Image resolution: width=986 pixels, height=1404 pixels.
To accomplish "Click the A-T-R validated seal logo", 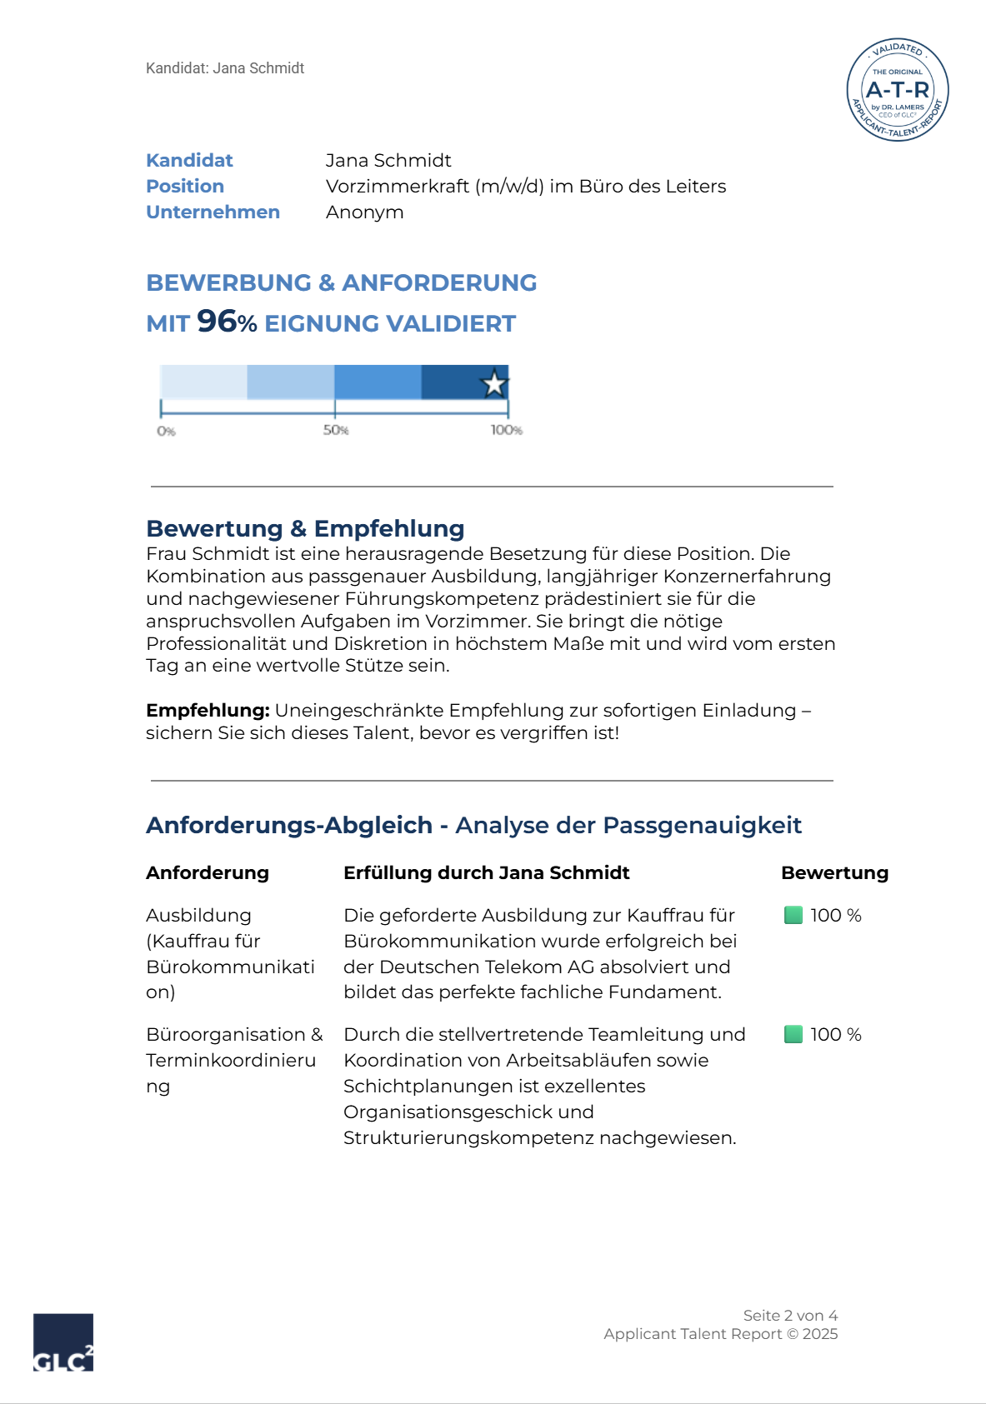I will (898, 90).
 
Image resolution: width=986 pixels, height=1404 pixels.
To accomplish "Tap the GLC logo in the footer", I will (63, 1342).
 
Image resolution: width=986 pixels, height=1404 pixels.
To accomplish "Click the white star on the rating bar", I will (494, 383).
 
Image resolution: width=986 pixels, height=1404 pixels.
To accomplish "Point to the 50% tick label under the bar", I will (336, 430).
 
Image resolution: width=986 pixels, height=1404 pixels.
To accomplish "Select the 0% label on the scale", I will (166, 431).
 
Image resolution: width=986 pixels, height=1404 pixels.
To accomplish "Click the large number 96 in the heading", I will (217, 321).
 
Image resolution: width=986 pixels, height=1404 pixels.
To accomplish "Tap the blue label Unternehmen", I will (213, 212).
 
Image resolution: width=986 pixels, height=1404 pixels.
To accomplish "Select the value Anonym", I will (364, 212).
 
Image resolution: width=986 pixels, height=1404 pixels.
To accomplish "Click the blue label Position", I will (185, 186).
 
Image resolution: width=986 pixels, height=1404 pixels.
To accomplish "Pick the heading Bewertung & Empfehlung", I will (305, 528).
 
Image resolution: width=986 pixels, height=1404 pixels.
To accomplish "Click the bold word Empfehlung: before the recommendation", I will (208, 710).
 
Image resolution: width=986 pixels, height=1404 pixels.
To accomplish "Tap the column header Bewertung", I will (834, 872).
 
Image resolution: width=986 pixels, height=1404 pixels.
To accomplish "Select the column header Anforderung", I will (208, 872).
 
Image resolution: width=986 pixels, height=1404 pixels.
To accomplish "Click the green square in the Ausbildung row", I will (793, 915).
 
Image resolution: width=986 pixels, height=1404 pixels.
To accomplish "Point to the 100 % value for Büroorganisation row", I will (836, 1034).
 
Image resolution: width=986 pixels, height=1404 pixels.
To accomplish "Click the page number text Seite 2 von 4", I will (790, 1315).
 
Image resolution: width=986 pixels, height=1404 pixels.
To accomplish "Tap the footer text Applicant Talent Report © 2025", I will (720, 1333).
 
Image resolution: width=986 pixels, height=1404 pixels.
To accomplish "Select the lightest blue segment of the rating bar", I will (203, 382).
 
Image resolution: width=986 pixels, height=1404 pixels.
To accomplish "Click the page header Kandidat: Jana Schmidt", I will (225, 68).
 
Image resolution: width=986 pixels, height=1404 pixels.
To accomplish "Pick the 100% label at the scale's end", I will (506, 430).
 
